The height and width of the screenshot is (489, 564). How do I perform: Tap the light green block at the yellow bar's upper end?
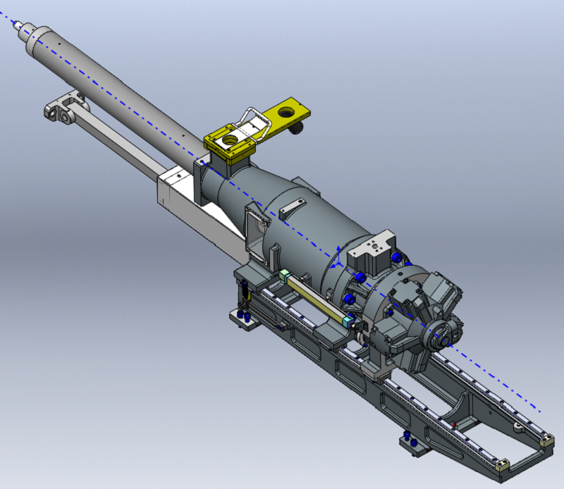pyautogui.click(x=284, y=276)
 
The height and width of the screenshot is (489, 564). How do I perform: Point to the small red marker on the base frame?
pyautogui.click(x=454, y=423)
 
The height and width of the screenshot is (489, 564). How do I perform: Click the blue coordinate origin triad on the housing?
pyautogui.click(x=339, y=263)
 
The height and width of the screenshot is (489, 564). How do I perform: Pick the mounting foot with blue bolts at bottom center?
pyautogui.click(x=410, y=442)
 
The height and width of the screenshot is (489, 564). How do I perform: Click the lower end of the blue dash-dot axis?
pyautogui.click(x=540, y=411)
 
